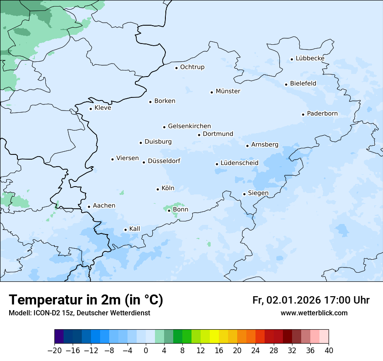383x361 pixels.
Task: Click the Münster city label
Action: click(228, 91)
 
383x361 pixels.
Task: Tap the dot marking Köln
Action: click(158, 189)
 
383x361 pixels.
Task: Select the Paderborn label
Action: click(322, 114)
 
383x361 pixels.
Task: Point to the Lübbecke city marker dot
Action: click(292, 59)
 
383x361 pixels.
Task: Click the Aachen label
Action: click(104, 206)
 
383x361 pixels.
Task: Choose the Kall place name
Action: click(134, 229)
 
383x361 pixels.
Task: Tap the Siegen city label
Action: click(258, 193)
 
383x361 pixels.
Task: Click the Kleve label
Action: click(103, 108)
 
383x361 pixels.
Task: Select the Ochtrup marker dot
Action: click(177, 67)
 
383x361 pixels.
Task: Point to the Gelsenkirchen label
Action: click(189, 126)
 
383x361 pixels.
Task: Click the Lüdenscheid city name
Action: click(239, 163)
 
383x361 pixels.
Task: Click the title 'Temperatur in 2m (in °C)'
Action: click(86, 300)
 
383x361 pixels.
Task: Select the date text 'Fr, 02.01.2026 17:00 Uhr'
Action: click(311, 300)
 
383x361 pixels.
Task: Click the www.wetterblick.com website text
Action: click(314, 313)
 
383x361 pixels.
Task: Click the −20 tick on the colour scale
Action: click(54, 351)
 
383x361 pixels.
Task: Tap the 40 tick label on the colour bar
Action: click(329, 351)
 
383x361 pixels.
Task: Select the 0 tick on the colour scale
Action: click(146, 351)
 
